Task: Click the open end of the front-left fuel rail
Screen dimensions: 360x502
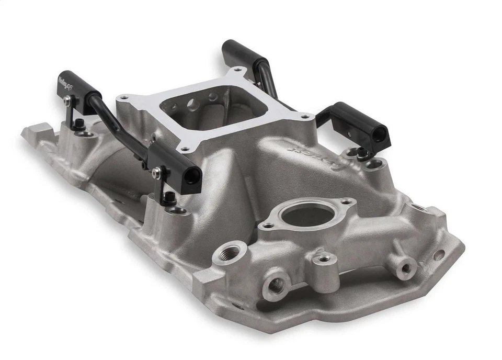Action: [192, 176]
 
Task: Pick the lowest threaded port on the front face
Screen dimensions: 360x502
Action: [276, 285]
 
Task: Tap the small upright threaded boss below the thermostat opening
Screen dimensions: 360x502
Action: [324, 258]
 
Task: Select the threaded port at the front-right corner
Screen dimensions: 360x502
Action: [405, 268]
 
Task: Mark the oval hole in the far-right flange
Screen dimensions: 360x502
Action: [438, 255]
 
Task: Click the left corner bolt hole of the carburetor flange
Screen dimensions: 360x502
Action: [124, 97]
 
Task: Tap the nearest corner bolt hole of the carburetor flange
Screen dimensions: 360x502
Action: [184, 149]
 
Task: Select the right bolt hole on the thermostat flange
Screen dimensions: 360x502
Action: [346, 201]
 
